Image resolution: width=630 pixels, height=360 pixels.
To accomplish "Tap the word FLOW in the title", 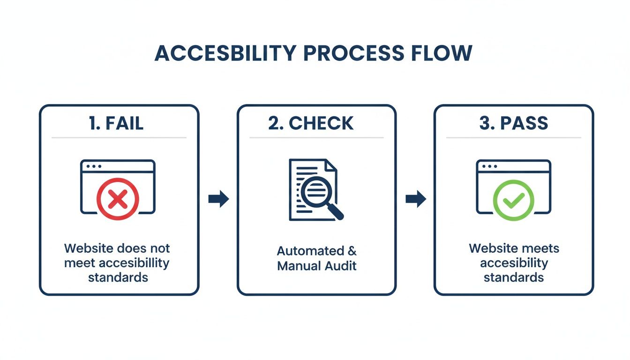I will tap(441, 54).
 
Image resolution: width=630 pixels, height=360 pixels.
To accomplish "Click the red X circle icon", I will tap(118, 199).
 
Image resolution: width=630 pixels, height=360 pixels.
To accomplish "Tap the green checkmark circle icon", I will tap(513, 200).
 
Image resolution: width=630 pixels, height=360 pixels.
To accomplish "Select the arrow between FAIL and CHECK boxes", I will tap(218, 199).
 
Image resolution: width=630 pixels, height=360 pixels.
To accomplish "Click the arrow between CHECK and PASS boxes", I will tap(415, 199).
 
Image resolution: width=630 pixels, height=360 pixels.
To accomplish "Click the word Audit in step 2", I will tap(342, 266).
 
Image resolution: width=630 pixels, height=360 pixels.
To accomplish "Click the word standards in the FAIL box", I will tap(118, 277).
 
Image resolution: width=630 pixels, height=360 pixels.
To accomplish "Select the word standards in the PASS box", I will tap(513, 277).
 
